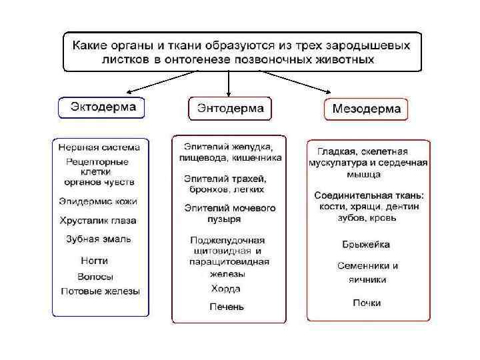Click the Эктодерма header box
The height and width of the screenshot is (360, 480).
102,107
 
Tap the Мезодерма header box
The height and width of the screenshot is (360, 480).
366,109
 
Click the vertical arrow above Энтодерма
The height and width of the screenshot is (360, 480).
229,83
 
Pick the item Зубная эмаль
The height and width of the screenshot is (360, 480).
99,239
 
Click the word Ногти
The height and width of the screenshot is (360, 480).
94,261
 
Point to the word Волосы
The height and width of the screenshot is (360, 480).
95,276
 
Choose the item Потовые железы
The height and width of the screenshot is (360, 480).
100,291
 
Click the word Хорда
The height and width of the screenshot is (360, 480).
225,289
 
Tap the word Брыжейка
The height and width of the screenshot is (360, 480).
366,244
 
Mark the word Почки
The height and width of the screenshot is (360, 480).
367,303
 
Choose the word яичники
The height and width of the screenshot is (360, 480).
367,279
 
